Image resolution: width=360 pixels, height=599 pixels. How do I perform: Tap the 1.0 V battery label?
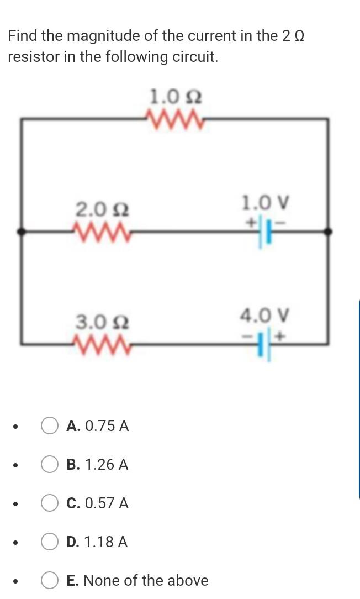pyautogui.click(x=265, y=203)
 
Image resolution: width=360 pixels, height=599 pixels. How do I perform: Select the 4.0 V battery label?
pyautogui.click(x=265, y=316)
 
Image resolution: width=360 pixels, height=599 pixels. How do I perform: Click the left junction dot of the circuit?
pyautogui.click(x=21, y=232)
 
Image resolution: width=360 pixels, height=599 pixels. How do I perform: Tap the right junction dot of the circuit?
pyautogui.click(x=329, y=232)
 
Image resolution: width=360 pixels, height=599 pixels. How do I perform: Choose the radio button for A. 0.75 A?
pyautogui.click(x=50, y=426)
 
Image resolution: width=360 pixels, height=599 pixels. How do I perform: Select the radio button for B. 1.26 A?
pyautogui.click(x=50, y=465)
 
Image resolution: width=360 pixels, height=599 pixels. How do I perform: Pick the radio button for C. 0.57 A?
pyautogui.click(x=50, y=503)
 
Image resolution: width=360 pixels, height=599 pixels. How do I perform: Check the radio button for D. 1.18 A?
pyautogui.click(x=50, y=542)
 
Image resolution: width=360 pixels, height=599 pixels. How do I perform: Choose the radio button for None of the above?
pyautogui.click(x=50, y=581)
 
